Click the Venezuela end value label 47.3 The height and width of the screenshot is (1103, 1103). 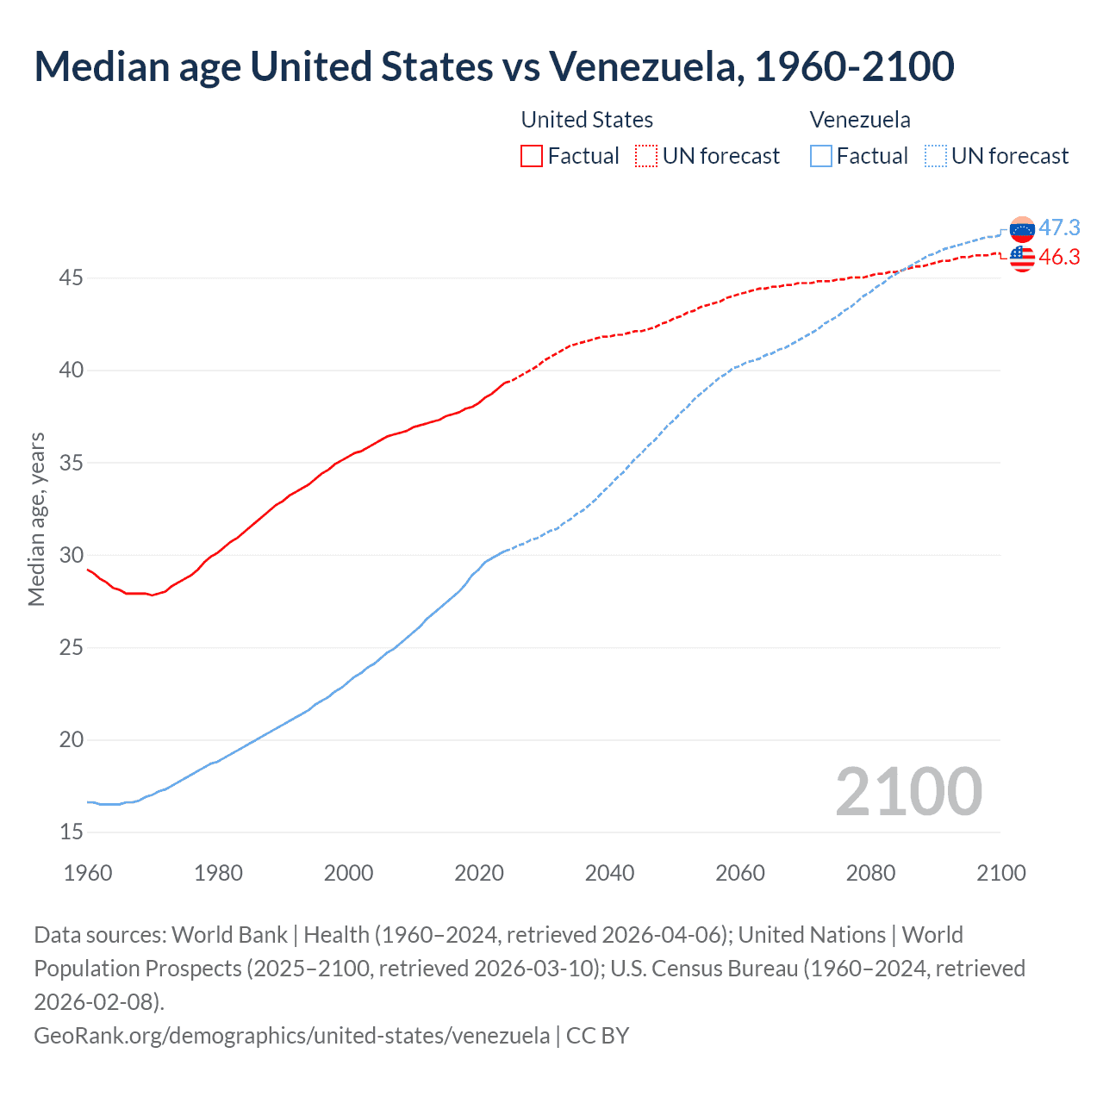click(x=1059, y=227)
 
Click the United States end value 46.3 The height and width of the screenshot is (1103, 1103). click(x=1059, y=257)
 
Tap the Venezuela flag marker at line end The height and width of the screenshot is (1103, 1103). click(x=1022, y=229)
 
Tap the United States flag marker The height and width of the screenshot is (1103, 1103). click(x=1022, y=258)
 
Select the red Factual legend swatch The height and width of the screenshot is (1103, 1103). click(x=532, y=156)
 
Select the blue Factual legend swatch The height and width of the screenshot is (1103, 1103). click(x=821, y=156)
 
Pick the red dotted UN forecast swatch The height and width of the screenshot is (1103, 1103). click(x=646, y=156)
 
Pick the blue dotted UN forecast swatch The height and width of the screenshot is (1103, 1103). click(x=936, y=156)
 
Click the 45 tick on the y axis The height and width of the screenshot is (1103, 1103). click(x=72, y=278)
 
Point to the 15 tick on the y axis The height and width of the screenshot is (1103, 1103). click(x=72, y=832)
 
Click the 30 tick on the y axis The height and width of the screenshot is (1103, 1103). click(x=72, y=555)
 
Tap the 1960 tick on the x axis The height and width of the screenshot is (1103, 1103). click(x=88, y=873)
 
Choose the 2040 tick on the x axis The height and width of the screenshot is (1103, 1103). click(x=609, y=873)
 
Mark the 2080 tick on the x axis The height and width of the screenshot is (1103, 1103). click(x=870, y=873)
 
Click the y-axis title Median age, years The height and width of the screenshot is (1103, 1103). click(x=36, y=520)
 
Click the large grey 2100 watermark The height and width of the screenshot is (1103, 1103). click(x=908, y=792)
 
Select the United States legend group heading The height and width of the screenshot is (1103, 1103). click(x=587, y=120)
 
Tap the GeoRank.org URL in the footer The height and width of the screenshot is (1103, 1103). click(x=291, y=1035)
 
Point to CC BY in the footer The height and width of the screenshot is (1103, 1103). click(x=597, y=1035)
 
